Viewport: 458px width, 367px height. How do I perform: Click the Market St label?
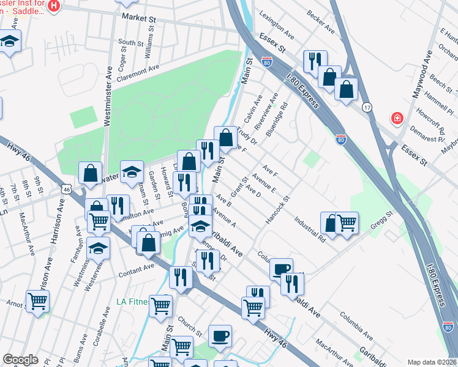coord(139,18)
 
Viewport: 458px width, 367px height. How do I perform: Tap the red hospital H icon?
coord(54,6)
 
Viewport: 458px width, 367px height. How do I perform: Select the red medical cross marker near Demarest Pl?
coord(397,117)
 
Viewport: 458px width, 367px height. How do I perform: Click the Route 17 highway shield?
coord(367,106)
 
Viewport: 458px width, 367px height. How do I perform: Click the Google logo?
coord(20,360)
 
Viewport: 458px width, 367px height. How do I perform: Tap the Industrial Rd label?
coord(309,227)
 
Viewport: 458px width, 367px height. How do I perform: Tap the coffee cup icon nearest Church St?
coord(220,335)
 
